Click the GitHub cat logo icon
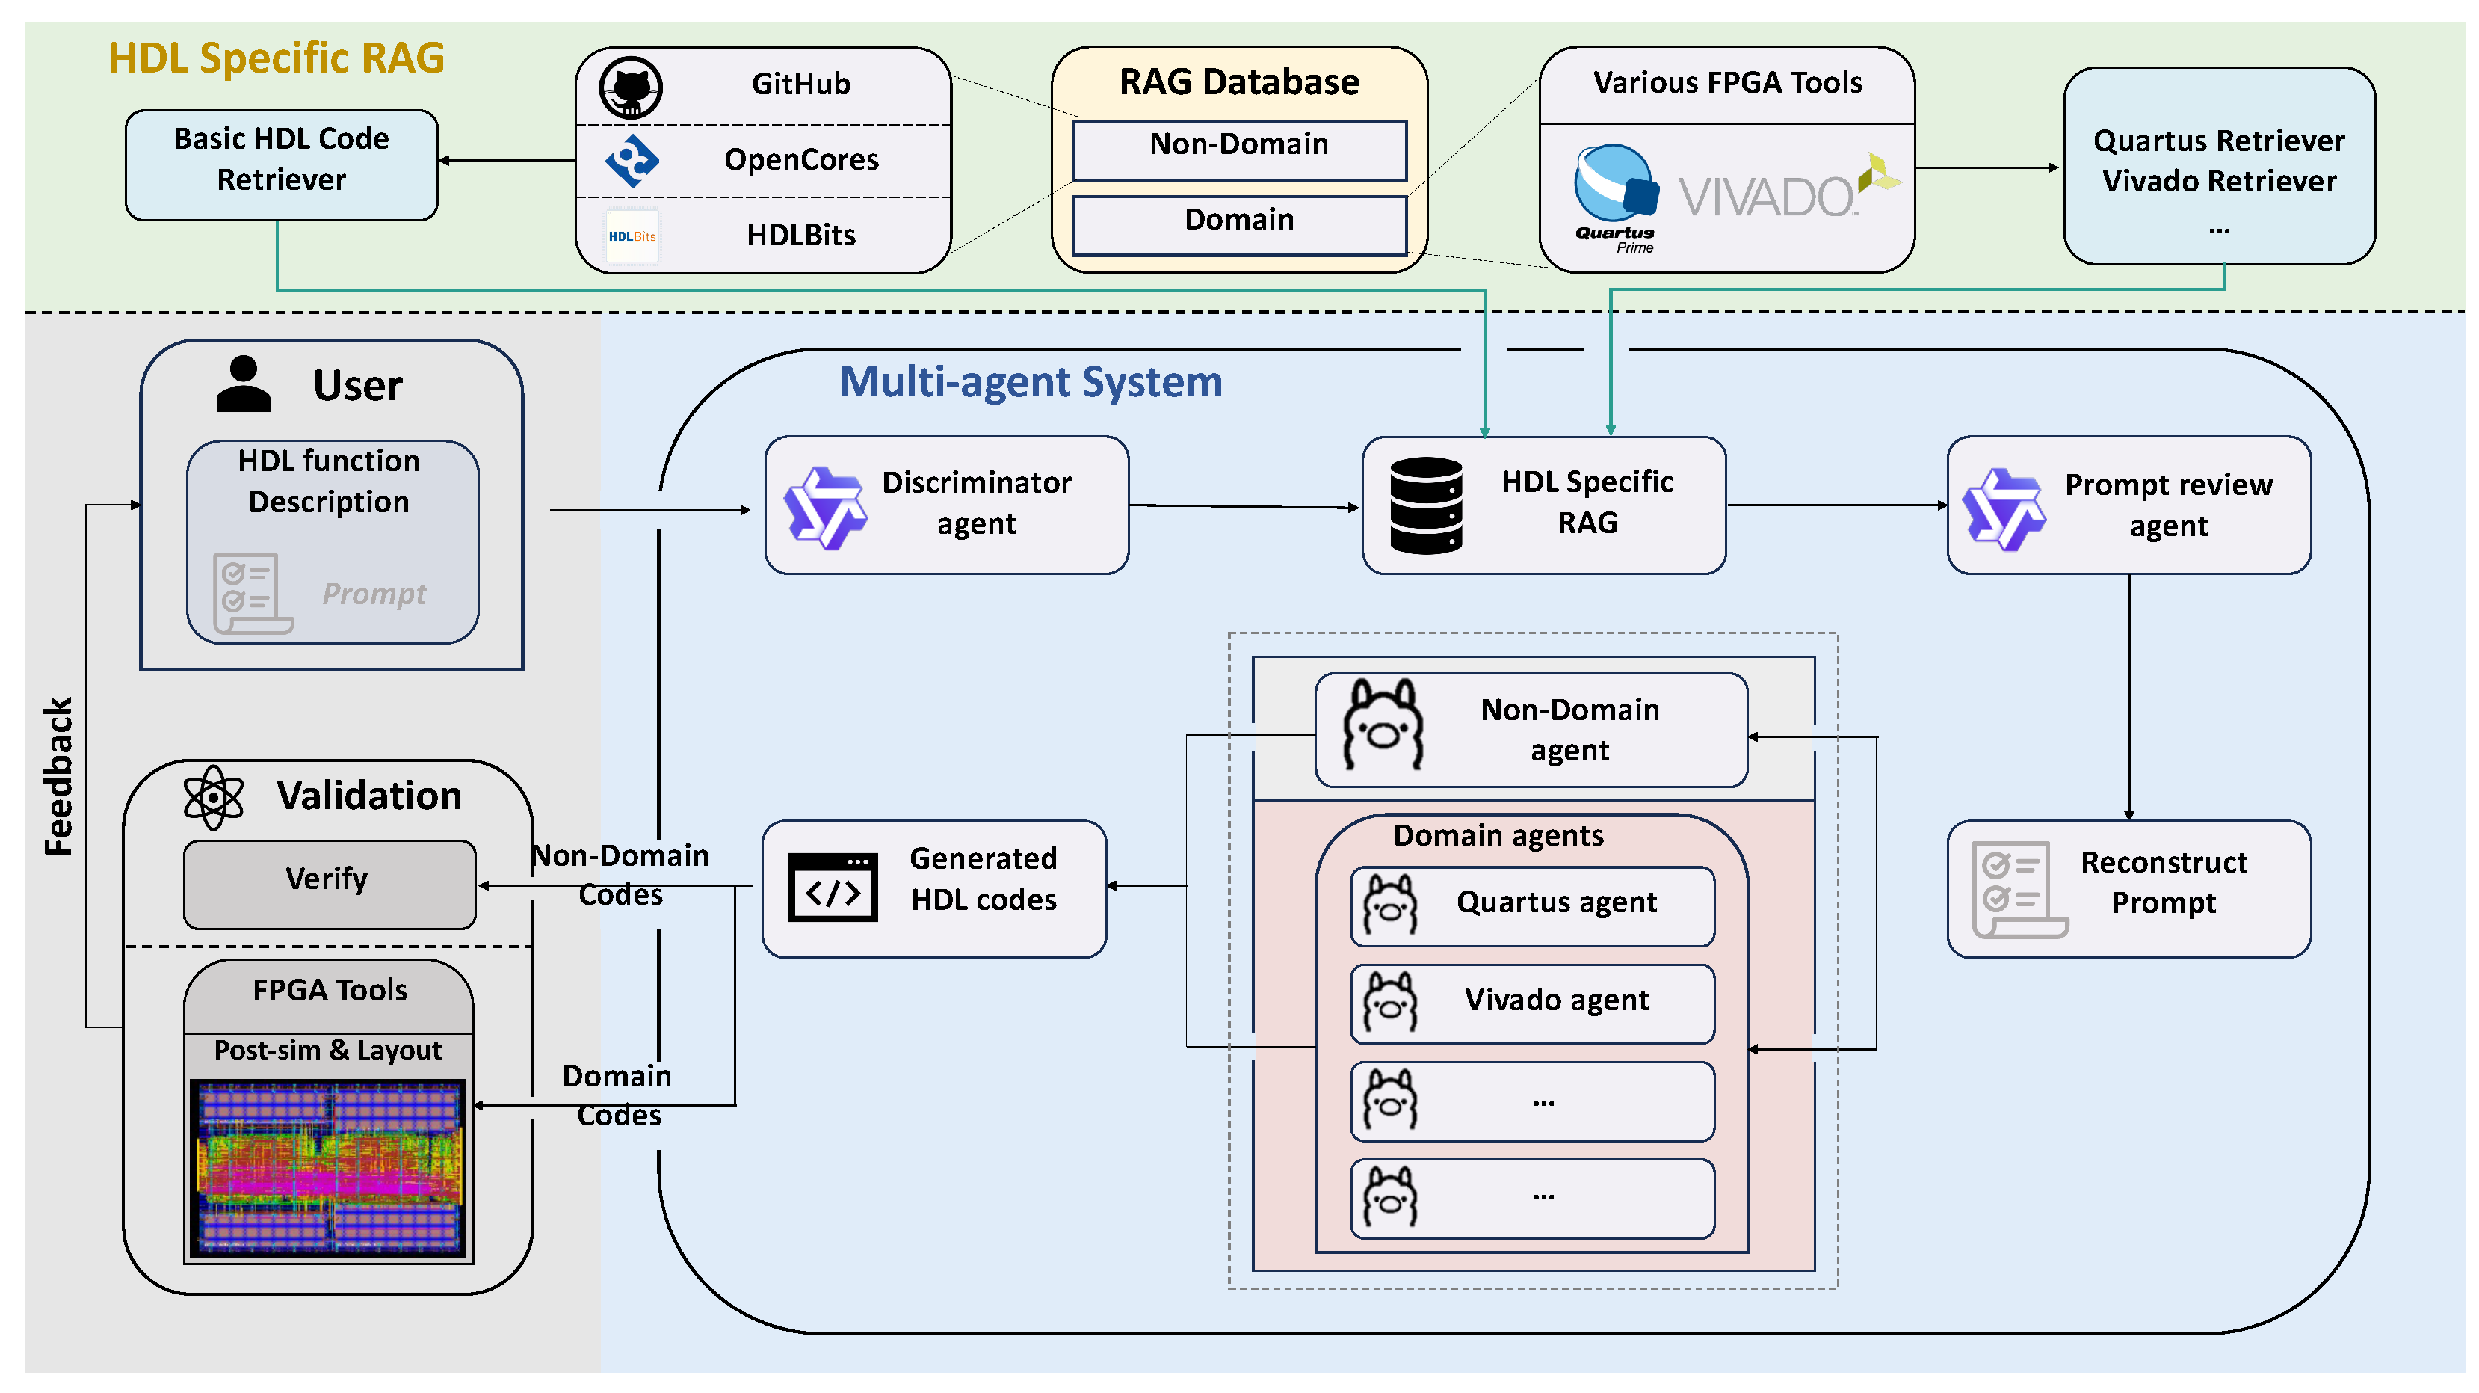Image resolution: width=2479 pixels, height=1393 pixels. (630, 87)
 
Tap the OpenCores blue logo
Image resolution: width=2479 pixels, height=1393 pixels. (632, 160)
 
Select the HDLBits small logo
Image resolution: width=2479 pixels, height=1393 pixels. (632, 236)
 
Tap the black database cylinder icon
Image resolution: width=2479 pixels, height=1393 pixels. (1425, 505)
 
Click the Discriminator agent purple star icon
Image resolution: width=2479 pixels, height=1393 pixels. (825, 508)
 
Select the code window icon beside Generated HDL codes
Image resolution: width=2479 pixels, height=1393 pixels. (833, 888)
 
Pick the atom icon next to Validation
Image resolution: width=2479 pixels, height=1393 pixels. (213, 797)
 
